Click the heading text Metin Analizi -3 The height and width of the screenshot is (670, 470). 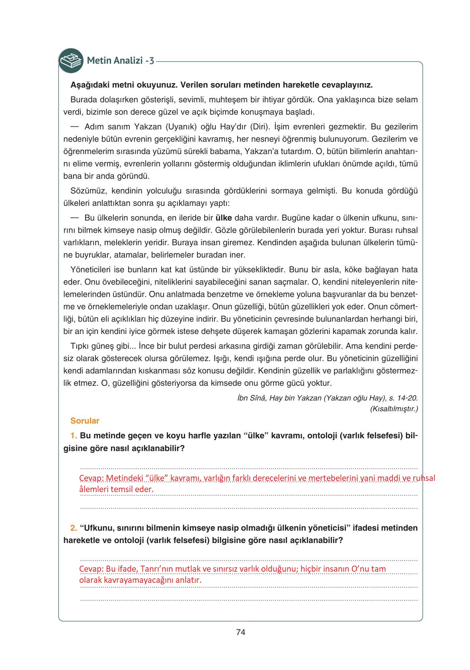click(121, 61)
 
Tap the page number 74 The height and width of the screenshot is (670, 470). click(241, 632)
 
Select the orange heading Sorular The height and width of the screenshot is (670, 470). click(85, 421)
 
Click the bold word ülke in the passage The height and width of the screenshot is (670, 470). click(224, 218)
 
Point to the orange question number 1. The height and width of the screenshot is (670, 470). click(74, 435)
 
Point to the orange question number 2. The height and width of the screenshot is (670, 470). click(74, 528)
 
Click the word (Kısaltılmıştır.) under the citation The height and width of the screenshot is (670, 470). click(394, 408)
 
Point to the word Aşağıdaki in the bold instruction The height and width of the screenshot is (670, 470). click(87, 85)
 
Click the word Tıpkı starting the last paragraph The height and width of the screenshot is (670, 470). click(79, 346)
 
